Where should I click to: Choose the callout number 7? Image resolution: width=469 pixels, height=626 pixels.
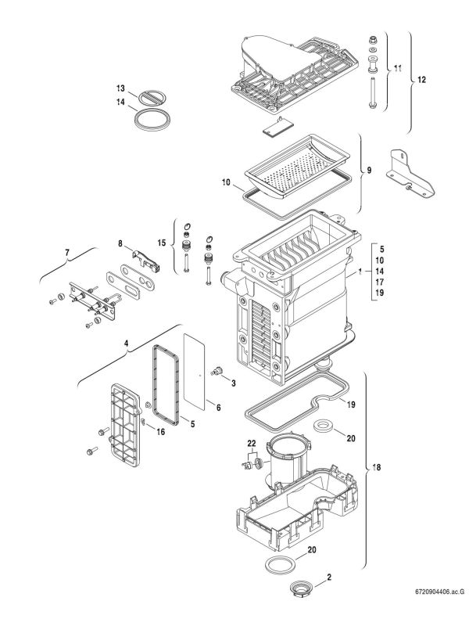coord(67,252)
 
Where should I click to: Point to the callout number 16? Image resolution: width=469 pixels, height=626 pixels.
coord(161,431)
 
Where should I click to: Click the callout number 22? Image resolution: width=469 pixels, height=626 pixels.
coord(252,443)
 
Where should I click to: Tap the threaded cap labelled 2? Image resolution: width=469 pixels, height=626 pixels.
coord(300,588)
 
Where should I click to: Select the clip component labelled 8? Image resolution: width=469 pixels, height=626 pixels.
coord(145,258)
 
